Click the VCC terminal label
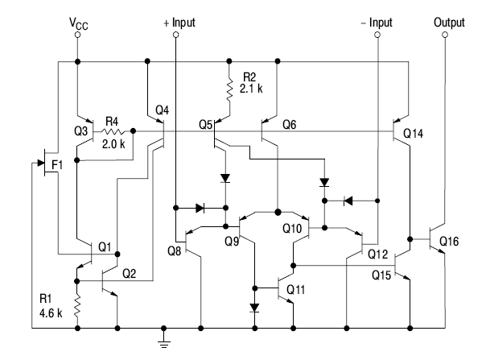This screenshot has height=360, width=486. pos(76,23)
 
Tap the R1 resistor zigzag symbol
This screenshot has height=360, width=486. pos(77,306)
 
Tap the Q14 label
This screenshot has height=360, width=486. pos(414,132)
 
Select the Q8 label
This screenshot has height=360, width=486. pos(175,250)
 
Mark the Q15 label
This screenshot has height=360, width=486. pos(381,275)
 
